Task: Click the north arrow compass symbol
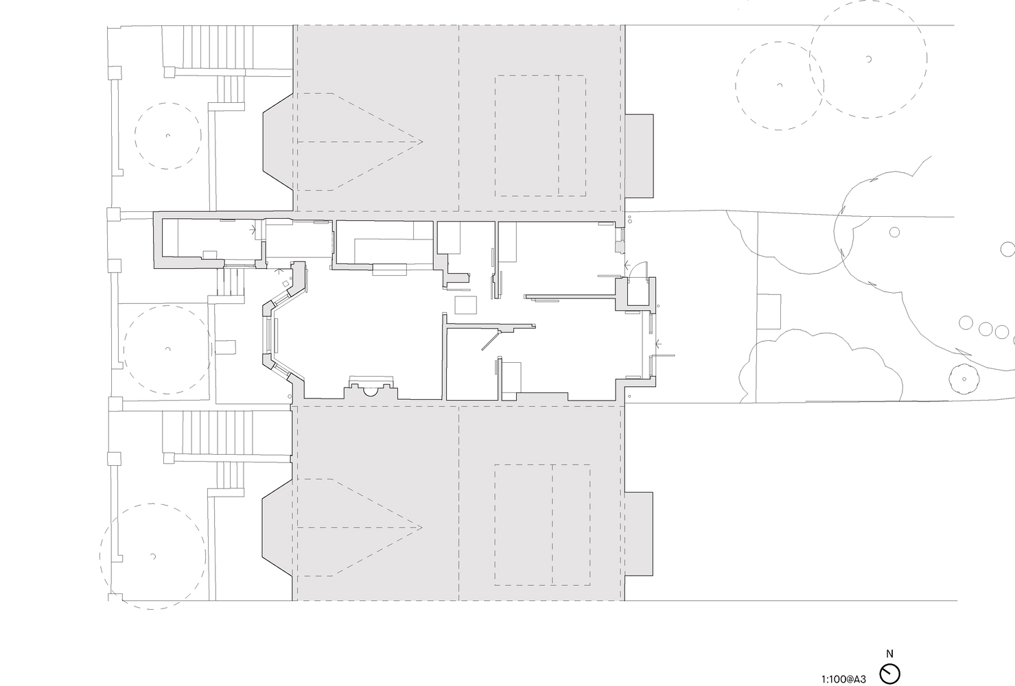(x=889, y=674)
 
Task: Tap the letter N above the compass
(x=889, y=654)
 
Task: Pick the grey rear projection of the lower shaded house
(x=639, y=534)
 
